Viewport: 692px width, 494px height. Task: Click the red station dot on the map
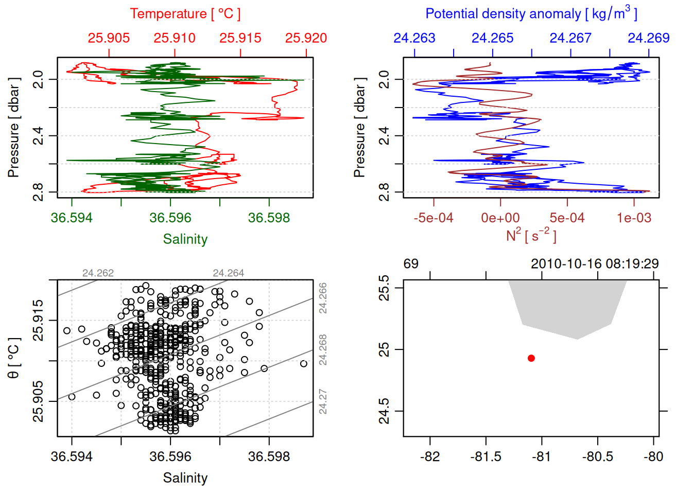pos(531,358)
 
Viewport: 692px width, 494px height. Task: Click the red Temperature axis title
pos(185,14)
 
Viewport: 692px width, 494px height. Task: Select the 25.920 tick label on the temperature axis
pos(306,38)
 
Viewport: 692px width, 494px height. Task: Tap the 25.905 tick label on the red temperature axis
pos(109,38)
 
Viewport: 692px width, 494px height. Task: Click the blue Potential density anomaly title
pos(531,14)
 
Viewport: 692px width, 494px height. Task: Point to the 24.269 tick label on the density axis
pos(648,38)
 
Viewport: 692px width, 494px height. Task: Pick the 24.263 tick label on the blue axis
pos(414,38)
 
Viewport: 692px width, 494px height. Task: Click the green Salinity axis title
pos(185,239)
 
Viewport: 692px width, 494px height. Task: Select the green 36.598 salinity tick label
pos(269,218)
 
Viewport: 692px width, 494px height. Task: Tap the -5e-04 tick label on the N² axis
pos(434,218)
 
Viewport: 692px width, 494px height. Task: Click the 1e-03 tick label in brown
pos(634,218)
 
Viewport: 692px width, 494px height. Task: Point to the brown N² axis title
pos(531,236)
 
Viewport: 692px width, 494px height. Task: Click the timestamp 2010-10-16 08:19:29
pos(595,264)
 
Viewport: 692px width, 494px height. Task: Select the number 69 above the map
pos(411,264)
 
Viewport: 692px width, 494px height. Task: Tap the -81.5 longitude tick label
pos(486,457)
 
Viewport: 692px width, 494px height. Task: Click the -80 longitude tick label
pos(653,457)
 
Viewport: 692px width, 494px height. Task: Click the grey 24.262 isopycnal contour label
pos(98,273)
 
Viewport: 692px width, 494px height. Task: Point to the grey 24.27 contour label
pos(323,401)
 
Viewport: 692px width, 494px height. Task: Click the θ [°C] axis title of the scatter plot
pos(14,358)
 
